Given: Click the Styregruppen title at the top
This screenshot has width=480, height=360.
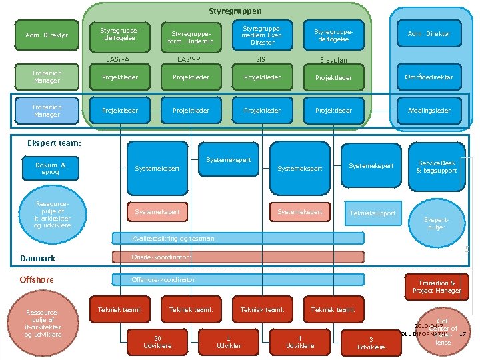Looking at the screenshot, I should [235, 11].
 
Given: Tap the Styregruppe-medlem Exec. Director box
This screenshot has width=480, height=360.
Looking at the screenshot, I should [262, 36].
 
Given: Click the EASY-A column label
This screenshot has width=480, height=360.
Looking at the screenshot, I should [118, 60].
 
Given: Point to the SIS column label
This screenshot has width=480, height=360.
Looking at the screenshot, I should [261, 60].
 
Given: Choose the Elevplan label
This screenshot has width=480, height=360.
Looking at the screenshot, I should [333, 61].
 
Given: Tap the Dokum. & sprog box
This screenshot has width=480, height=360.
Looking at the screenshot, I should [51, 168].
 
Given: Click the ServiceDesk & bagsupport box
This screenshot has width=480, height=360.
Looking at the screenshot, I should [437, 167].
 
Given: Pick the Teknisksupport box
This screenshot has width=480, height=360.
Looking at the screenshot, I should [373, 213].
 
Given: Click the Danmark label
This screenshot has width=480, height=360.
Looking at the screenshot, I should [37, 259].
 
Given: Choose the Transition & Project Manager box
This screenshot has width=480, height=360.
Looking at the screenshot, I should [437, 287].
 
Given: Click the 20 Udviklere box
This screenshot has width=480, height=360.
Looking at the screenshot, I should [158, 342].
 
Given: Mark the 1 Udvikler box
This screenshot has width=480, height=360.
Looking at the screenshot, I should [229, 342].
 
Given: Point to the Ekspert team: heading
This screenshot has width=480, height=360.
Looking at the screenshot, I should [53, 143].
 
